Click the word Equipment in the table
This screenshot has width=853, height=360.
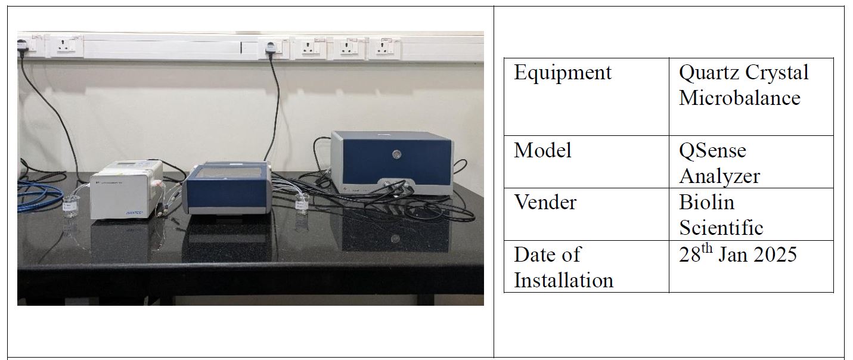point(563,73)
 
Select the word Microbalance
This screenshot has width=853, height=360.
point(740,98)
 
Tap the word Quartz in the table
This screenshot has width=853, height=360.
point(709,73)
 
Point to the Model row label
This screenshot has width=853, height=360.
point(542,150)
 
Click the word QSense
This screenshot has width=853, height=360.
point(712,150)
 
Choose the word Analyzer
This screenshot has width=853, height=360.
point(719,176)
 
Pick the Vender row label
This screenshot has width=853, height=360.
point(545,202)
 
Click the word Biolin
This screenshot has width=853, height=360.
point(706,202)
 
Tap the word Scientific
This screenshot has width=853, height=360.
point(721,228)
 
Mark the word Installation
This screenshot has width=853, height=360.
point(563,280)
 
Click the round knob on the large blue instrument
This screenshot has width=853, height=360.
point(396,154)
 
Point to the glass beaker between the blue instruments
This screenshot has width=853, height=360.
point(302,203)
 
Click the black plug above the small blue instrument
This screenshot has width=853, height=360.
point(270,48)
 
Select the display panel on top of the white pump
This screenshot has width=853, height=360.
point(128,164)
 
